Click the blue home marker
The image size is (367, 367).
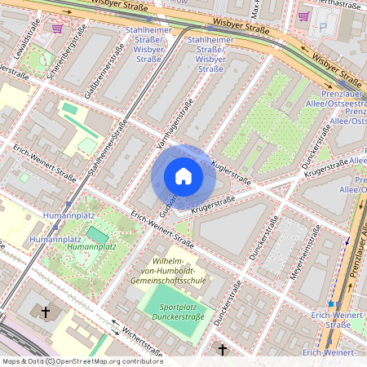coord(183,176)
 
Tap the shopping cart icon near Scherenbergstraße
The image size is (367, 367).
coord(57,28)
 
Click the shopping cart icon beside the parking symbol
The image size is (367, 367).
coord(304,16)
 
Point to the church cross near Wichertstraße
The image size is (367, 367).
coord(46,312)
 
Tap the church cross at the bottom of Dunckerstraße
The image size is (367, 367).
coord(223,349)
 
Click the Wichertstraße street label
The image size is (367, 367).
coord(121,333)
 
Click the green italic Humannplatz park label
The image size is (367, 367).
coord(91,245)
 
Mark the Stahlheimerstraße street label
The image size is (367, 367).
coord(110,148)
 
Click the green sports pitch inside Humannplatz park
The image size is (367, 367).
coord(96,235)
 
